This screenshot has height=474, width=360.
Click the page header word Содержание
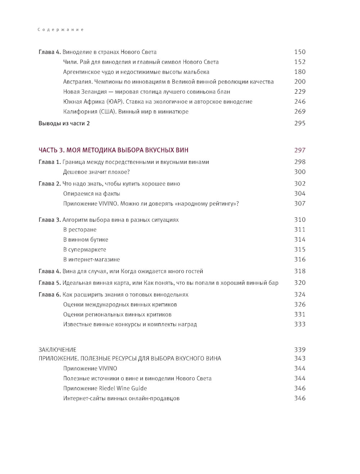coord(60,30)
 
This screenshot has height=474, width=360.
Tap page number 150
coord(300,52)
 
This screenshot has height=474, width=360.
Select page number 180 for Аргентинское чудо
coord(300,72)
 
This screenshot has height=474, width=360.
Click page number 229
coord(300,92)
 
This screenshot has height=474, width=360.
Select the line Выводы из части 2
coord(64,123)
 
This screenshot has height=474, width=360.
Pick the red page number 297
coord(300,150)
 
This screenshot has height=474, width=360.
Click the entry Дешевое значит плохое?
coord(96,172)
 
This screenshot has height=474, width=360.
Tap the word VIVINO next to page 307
coord(108,204)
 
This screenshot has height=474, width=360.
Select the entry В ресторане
coord(80,230)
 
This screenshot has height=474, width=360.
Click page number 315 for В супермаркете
coord(300,249)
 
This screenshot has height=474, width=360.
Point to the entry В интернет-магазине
coord(91,259)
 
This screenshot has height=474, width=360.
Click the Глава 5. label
coord(50,283)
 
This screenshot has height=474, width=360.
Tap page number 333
coord(300,324)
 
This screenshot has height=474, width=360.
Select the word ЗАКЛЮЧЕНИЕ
coord(57,349)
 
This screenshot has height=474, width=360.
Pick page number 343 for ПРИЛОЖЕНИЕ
coord(300,358)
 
